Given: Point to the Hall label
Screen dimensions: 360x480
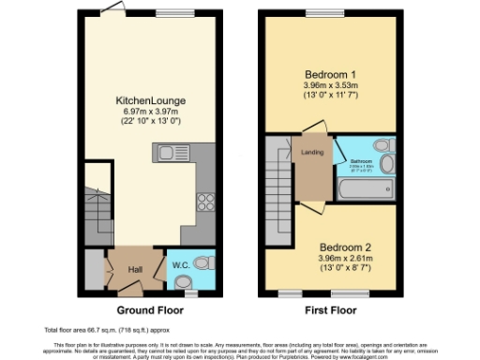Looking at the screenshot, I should click(135, 270).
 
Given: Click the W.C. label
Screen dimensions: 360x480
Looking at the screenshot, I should click(180, 265).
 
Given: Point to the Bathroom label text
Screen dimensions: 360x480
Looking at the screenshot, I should click(362, 160).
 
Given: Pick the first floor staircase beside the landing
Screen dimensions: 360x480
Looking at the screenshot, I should click(277, 178).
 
